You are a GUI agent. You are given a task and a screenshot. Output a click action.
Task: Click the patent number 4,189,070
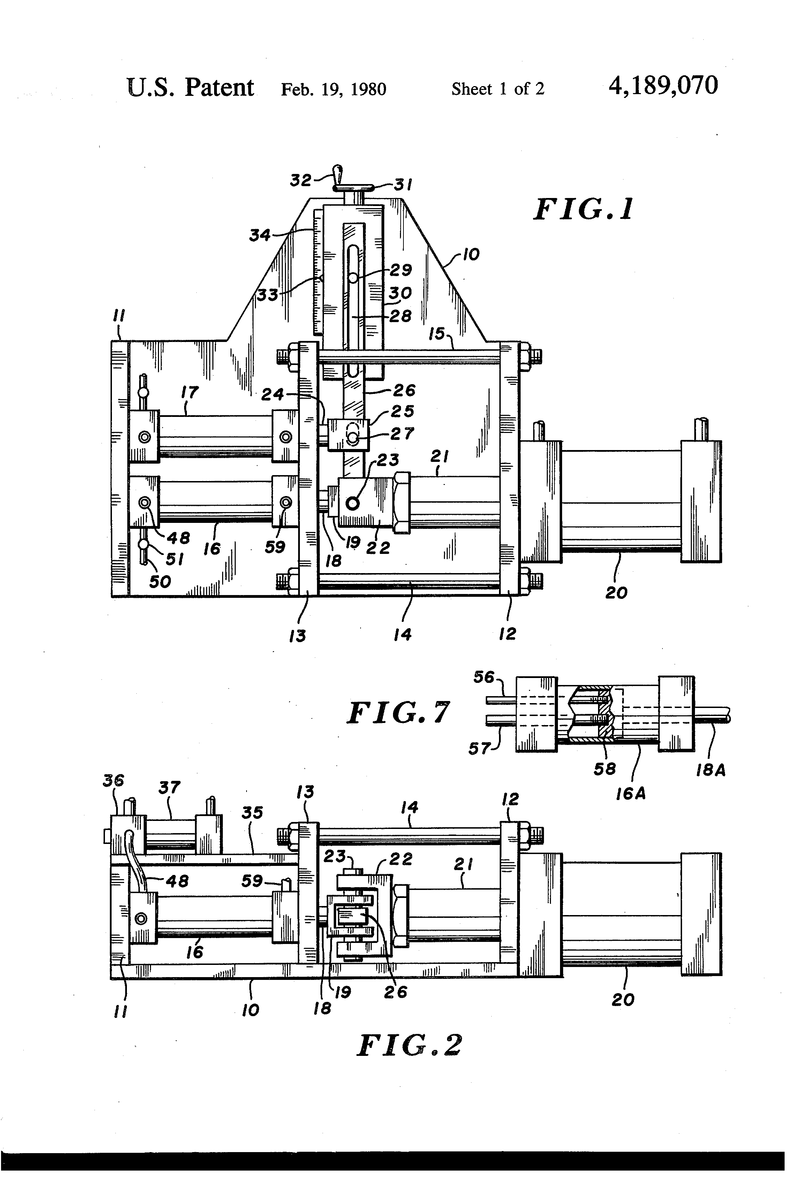[x=663, y=85]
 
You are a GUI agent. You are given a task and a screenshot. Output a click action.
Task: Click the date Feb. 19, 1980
[x=333, y=90]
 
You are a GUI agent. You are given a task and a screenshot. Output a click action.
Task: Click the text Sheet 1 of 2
[x=498, y=90]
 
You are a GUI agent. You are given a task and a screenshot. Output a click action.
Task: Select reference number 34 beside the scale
[x=260, y=236]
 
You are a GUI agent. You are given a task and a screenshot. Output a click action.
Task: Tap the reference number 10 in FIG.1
[x=471, y=254]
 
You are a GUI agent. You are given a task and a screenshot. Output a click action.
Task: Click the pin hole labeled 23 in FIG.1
[x=352, y=503]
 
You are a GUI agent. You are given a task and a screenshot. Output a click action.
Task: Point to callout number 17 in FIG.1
[x=190, y=393]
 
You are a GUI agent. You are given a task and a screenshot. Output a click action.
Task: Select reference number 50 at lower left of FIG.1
[x=160, y=582]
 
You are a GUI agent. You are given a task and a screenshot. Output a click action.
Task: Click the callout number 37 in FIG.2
[x=169, y=787]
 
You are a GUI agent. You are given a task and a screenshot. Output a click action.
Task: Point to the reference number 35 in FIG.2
[x=252, y=813]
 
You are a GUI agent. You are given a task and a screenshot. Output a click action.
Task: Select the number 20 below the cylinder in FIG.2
[x=622, y=999]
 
